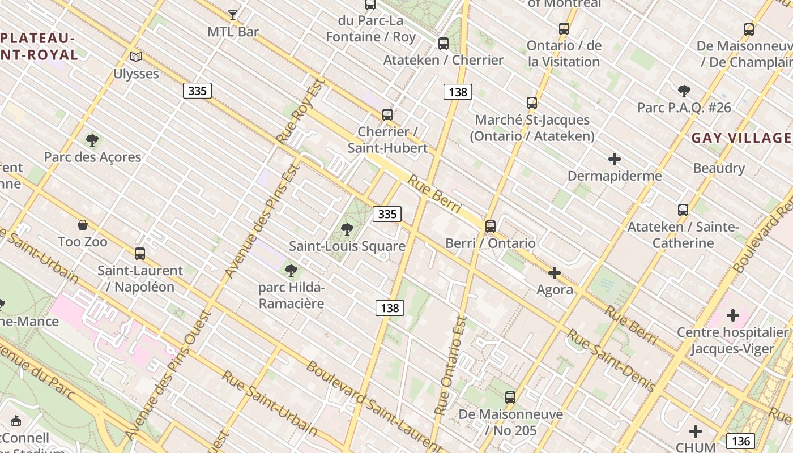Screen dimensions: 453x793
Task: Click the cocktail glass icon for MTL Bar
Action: click(232, 15)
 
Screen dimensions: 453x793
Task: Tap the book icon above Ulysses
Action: click(136, 57)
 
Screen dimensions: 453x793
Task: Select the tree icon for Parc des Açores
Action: click(92, 140)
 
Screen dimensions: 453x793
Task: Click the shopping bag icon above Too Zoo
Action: click(83, 225)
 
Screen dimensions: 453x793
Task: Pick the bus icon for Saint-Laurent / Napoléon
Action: click(140, 254)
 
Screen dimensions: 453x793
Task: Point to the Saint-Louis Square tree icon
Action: click(347, 229)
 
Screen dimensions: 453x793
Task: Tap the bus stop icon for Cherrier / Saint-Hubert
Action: click(387, 115)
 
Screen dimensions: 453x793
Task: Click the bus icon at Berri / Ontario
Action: click(491, 226)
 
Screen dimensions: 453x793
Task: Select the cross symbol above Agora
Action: click(555, 273)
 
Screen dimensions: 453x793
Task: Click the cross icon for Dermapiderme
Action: click(615, 159)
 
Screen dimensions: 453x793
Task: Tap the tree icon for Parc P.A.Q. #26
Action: click(684, 91)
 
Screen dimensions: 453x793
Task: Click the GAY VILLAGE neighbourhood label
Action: click(741, 138)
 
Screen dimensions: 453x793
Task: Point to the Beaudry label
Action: click(719, 168)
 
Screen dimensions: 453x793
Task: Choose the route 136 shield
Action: click(741, 441)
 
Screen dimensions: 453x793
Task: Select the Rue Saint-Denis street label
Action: click(612, 360)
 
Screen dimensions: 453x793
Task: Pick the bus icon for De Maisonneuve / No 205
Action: click(510, 398)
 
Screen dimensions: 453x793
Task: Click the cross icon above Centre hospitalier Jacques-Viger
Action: click(733, 315)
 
